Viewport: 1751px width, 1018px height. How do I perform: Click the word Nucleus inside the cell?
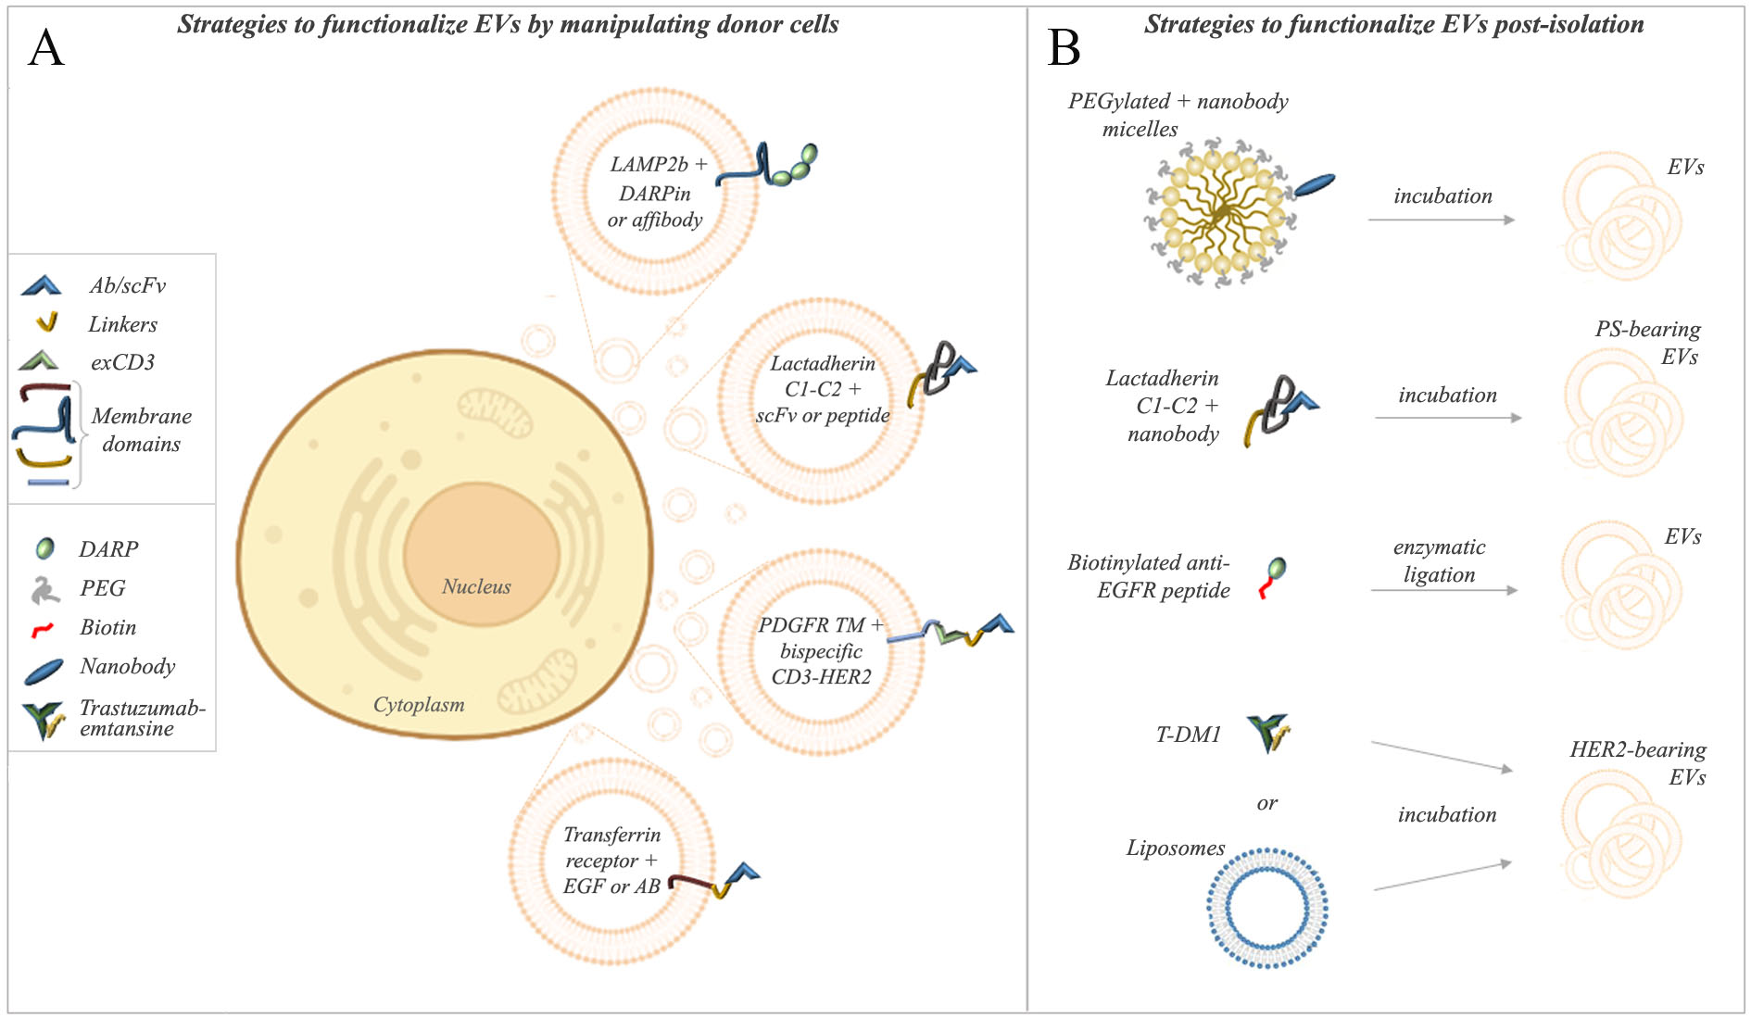pyautogui.click(x=476, y=586)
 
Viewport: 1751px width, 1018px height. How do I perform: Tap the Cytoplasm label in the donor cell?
pyautogui.click(x=419, y=705)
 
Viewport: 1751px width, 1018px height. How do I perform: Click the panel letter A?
pyautogui.click(x=46, y=48)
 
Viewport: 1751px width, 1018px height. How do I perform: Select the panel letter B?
pyautogui.click(x=1064, y=47)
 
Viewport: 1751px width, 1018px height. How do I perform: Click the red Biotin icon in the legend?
pyautogui.click(x=43, y=630)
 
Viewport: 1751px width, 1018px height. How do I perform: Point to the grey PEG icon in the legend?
pyautogui.click(x=44, y=589)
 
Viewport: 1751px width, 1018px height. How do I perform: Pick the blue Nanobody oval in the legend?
pyautogui.click(x=44, y=671)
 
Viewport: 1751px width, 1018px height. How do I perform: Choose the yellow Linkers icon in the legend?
pyautogui.click(x=45, y=322)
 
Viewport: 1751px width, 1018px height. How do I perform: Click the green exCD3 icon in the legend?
pyautogui.click(x=39, y=360)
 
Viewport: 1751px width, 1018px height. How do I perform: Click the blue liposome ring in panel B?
pyautogui.click(x=1266, y=908)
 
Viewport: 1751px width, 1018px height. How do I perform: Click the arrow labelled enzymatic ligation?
pyautogui.click(x=1444, y=590)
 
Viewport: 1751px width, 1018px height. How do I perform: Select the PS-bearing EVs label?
pyautogui.click(x=1648, y=343)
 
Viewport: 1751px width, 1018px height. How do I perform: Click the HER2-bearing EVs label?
pyautogui.click(x=1638, y=763)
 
